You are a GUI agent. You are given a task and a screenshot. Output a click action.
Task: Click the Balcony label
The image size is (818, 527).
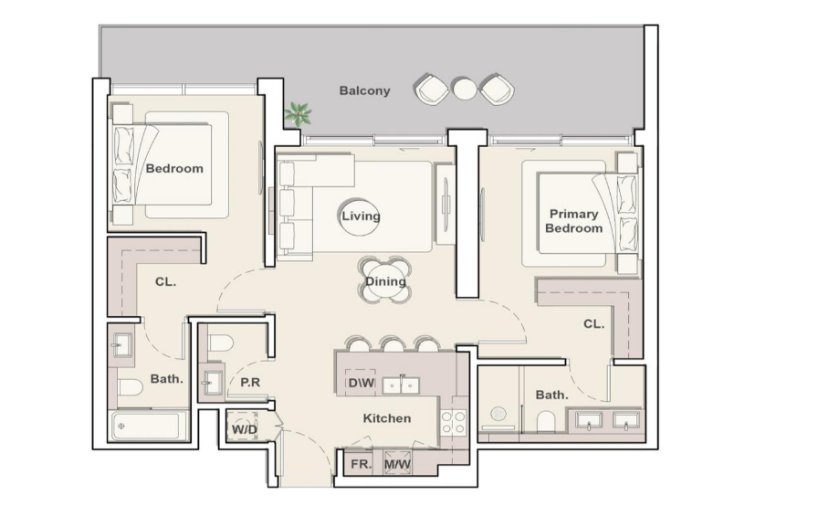coord(364,90)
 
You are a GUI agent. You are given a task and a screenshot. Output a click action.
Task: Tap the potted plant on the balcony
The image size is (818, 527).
coord(298,114)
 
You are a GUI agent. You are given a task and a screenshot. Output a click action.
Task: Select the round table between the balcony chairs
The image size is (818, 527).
coord(464,89)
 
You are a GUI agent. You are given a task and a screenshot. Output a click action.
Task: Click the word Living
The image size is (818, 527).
coord(361,216)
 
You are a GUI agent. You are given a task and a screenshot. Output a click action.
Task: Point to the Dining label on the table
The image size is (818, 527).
coord(385,281)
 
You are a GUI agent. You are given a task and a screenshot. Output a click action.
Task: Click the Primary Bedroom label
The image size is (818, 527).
coord(574,221)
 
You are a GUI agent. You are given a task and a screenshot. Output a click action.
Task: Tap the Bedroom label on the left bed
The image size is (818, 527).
coord(174,169)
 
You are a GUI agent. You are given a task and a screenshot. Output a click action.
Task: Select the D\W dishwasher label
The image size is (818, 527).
coord(361,383)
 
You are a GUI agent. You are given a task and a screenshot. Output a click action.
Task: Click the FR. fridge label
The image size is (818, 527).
coord(361,464)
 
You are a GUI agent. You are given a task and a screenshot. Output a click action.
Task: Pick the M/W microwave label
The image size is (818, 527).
coord(397,464)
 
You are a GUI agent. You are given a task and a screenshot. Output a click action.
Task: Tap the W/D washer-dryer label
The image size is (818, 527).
coord(244,429)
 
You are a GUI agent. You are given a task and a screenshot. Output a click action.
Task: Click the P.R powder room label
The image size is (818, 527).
coord(250,383)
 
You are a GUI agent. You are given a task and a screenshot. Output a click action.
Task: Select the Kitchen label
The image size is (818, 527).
coord(387,418)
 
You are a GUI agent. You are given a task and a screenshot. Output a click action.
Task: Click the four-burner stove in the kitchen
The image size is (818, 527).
coord(454,423)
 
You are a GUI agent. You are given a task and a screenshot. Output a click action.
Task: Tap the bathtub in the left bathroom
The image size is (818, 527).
coord(149,426)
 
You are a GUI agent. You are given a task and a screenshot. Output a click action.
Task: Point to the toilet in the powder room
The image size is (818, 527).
coord(220,343)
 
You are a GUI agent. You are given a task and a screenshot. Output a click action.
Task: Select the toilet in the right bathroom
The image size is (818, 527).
coord(546,421)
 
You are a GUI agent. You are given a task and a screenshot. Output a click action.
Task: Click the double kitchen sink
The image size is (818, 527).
coord(401,385)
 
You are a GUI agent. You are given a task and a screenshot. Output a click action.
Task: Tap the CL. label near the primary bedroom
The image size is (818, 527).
coord(593,324)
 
